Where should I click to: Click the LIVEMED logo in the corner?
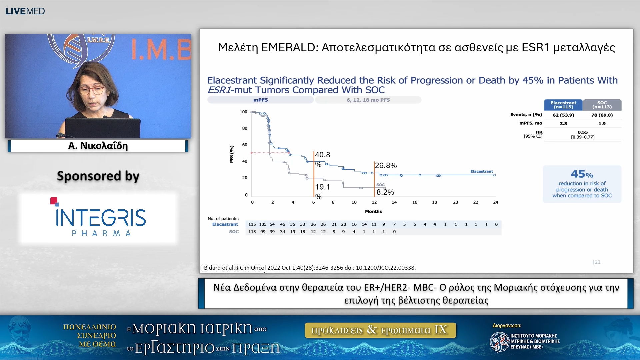[x=25, y=11]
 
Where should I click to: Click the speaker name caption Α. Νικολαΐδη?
[x=98, y=146]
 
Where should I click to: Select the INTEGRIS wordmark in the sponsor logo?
[x=101, y=218]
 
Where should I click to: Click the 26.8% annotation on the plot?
[x=386, y=165]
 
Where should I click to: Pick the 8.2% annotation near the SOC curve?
[x=385, y=192]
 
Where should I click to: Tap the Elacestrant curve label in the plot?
[x=482, y=171]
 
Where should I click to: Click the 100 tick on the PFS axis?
[x=243, y=112]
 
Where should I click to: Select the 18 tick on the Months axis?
[x=435, y=202]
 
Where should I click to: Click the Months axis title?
[x=373, y=211]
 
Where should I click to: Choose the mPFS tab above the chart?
[x=260, y=100]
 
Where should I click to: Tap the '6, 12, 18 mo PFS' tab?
[x=368, y=100]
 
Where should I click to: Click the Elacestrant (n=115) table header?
[x=563, y=105]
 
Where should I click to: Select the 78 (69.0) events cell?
[x=602, y=115]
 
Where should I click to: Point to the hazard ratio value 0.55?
[x=583, y=132]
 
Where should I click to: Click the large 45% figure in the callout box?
[x=582, y=174]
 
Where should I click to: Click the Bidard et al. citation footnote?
[x=310, y=268]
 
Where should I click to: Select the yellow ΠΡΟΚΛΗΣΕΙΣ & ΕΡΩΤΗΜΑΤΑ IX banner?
[x=380, y=330]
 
